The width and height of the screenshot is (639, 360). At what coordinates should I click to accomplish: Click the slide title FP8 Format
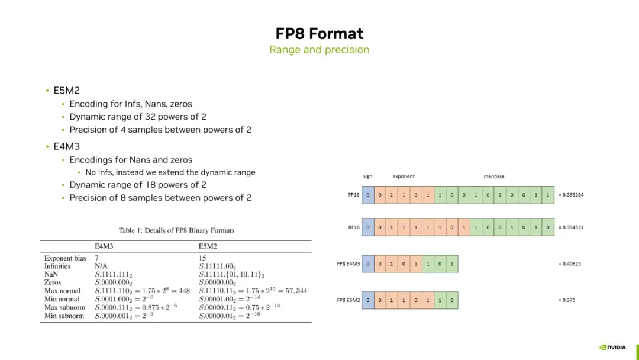[319, 33]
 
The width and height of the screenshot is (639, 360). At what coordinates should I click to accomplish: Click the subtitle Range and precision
[319, 50]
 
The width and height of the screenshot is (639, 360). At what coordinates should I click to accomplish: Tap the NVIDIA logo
[612, 347]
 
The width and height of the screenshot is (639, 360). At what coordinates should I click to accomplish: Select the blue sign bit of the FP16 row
[368, 195]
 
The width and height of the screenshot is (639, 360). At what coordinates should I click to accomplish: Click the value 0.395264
[572, 195]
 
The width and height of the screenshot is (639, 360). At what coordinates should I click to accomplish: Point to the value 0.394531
[571, 227]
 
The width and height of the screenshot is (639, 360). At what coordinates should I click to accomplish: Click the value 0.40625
[570, 263]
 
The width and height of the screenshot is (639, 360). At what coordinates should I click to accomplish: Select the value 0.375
[567, 300]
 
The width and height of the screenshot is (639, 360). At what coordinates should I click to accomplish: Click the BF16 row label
[353, 227]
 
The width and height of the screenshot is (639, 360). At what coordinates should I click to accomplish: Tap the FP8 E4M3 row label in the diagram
[348, 263]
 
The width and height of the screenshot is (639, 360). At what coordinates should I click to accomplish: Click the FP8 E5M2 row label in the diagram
[348, 300]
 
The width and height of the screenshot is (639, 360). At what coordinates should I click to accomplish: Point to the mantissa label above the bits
[494, 176]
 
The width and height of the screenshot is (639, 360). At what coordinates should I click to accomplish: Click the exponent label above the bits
[404, 176]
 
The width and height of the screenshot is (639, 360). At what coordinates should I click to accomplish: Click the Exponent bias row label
[64, 258]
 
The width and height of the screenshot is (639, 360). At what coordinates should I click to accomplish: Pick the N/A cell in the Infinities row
[101, 266]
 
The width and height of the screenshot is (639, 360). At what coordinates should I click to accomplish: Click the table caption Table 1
[176, 230]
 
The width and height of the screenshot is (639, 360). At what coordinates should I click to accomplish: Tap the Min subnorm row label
[64, 316]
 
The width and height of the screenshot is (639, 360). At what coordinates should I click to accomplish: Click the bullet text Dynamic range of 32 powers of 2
[138, 117]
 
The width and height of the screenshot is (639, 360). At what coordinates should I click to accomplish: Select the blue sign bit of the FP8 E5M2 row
[368, 300]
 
